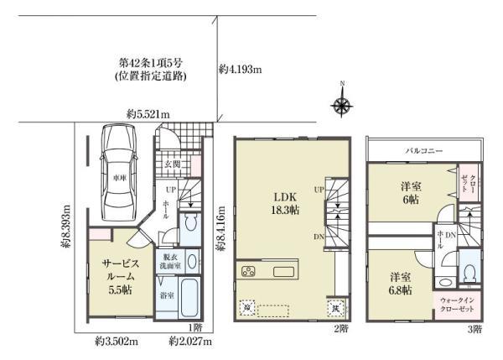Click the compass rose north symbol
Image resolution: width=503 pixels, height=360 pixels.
[x=342, y=103]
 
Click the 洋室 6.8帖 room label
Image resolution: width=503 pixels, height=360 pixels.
[x=399, y=283]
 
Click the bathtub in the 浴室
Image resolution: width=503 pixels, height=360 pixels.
[x=189, y=298]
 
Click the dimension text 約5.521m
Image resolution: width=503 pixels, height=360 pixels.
[x=148, y=114]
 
